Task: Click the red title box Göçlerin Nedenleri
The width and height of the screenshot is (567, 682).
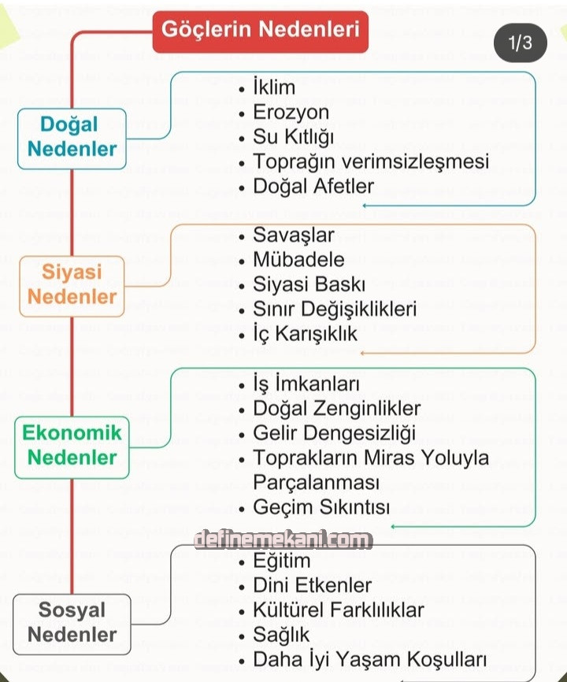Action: point(260,31)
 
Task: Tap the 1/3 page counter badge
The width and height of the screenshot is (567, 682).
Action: point(520,43)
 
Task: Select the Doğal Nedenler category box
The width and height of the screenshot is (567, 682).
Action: point(72,138)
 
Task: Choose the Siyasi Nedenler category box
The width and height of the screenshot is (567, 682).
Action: point(72,285)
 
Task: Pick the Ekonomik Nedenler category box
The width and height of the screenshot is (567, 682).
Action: point(72,445)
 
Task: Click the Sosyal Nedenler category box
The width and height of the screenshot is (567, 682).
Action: point(72,622)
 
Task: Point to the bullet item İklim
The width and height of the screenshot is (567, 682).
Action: point(274,87)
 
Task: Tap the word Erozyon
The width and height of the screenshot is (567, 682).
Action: point(291,112)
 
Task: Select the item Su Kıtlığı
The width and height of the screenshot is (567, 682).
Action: point(294,137)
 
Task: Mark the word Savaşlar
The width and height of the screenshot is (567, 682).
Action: point(294,235)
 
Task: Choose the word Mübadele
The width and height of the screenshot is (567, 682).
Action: point(298,259)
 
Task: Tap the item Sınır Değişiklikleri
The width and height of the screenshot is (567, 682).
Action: point(335,309)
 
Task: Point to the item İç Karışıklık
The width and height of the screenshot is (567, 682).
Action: point(305,334)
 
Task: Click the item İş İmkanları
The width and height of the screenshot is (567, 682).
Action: point(306,384)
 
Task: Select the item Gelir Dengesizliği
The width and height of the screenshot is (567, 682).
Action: point(335,433)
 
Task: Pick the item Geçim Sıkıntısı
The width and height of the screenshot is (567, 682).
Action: point(321,507)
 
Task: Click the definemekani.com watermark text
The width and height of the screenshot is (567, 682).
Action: point(283,539)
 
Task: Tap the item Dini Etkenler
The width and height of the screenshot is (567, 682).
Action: point(313,585)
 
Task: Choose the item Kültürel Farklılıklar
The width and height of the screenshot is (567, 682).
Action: point(339,610)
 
